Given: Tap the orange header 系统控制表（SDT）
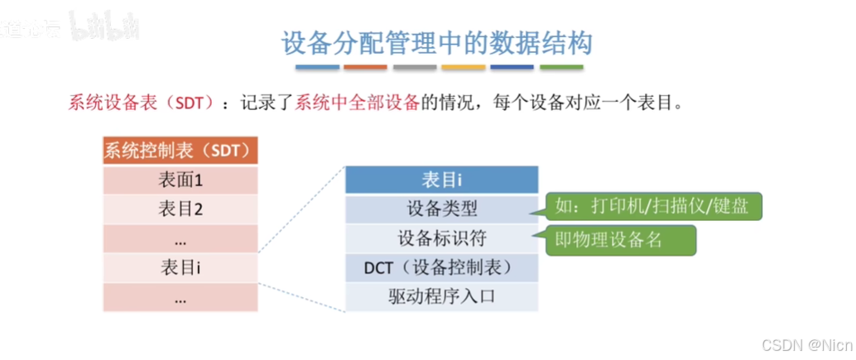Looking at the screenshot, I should click(181, 151).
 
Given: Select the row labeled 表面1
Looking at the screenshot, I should click(181, 179).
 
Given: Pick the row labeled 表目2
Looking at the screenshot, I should click(181, 209).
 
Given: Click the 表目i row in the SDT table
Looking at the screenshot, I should click(181, 267).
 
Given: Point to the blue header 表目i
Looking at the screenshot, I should click(441, 180).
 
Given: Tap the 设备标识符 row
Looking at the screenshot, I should click(441, 238).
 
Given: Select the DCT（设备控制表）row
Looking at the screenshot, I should click(441, 267).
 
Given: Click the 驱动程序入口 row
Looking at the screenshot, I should click(441, 296).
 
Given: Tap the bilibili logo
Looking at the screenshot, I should click(103, 27).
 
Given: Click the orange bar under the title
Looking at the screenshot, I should click(365, 67).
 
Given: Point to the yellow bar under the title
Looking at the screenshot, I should click(464, 67).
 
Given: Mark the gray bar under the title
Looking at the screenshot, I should click(415, 67).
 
